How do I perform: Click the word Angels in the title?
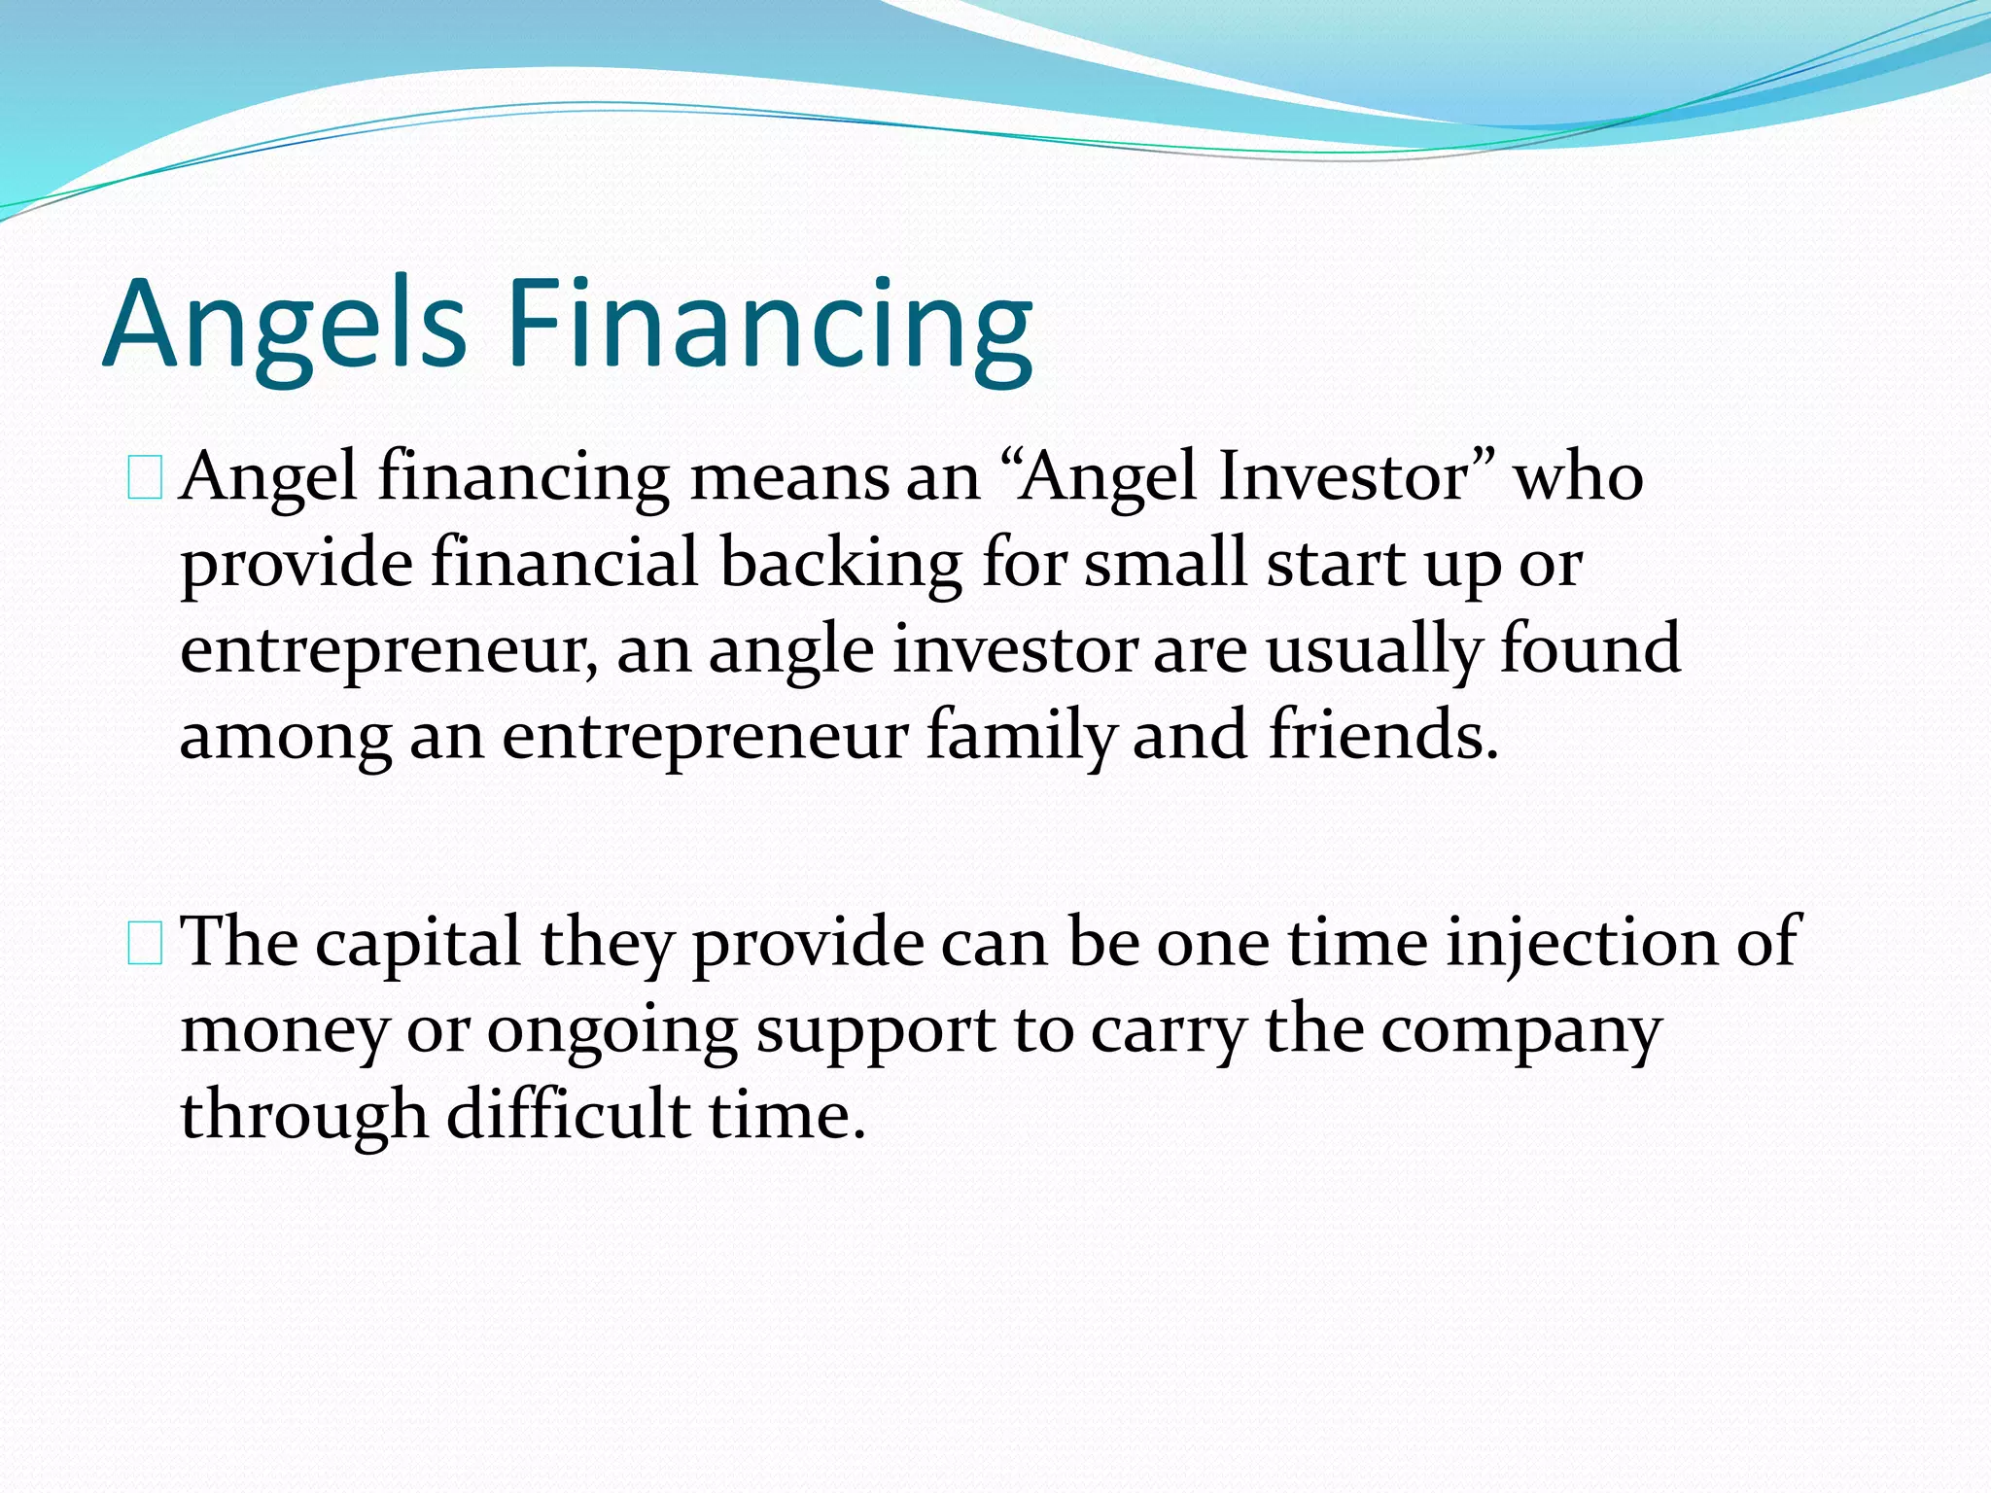tap(284, 324)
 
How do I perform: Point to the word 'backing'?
tap(842, 564)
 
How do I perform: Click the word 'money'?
tap(284, 1031)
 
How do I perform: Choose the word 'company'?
tap(1521, 1031)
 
